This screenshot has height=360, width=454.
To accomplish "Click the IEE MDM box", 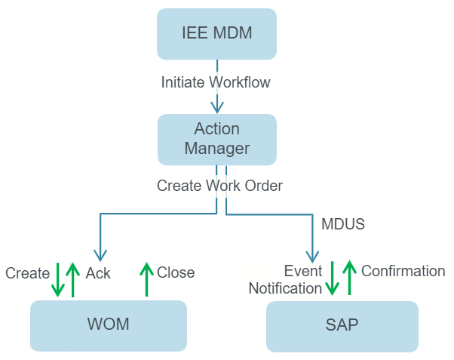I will pyautogui.click(x=216, y=35).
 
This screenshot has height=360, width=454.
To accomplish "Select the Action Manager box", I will pyautogui.click(x=216, y=139).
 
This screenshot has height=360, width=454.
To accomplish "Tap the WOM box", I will pyautogui.click(x=108, y=325).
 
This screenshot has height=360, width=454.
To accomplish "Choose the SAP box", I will pyautogui.click(x=342, y=326).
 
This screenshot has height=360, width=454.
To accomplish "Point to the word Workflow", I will pyautogui.click(x=242, y=82).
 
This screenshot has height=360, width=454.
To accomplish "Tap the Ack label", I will pyautogui.click(x=98, y=273).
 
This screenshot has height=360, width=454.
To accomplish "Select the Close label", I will pyautogui.click(x=176, y=272).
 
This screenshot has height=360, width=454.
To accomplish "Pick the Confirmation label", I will pyautogui.click(x=403, y=271).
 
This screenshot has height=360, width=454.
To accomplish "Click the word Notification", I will pyautogui.click(x=285, y=288).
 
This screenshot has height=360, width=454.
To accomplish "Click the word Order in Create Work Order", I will pyautogui.click(x=263, y=185).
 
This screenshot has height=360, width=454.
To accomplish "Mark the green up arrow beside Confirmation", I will pyautogui.click(x=348, y=277).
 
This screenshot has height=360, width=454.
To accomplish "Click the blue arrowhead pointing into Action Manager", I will pyautogui.click(x=217, y=107).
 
